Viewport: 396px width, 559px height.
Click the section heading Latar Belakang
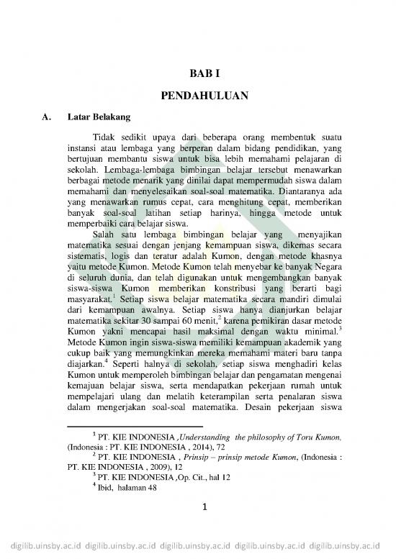pyautogui.click(x=98, y=115)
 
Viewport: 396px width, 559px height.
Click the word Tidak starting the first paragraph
pyautogui.click(x=107, y=137)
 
